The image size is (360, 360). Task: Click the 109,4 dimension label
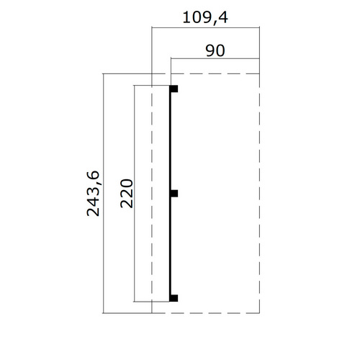[205, 18]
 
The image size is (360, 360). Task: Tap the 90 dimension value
[215, 50]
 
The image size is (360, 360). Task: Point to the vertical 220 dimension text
[126, 193]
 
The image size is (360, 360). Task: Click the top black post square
[174, 89]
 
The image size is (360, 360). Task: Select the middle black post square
[174, 193]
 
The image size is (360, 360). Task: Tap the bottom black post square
[174, 298]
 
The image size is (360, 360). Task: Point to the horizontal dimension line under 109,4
[205, 28]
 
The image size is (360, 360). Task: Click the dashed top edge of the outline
[216, 74]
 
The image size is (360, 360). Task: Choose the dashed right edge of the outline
[259, 194]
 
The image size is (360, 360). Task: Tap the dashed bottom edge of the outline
[216, 314]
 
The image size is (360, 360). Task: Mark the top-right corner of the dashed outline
[259, 74]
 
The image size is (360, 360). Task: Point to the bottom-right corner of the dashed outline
[259, 314]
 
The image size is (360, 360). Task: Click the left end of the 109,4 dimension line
[151, 28]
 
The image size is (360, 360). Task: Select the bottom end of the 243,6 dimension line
[104, 314]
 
